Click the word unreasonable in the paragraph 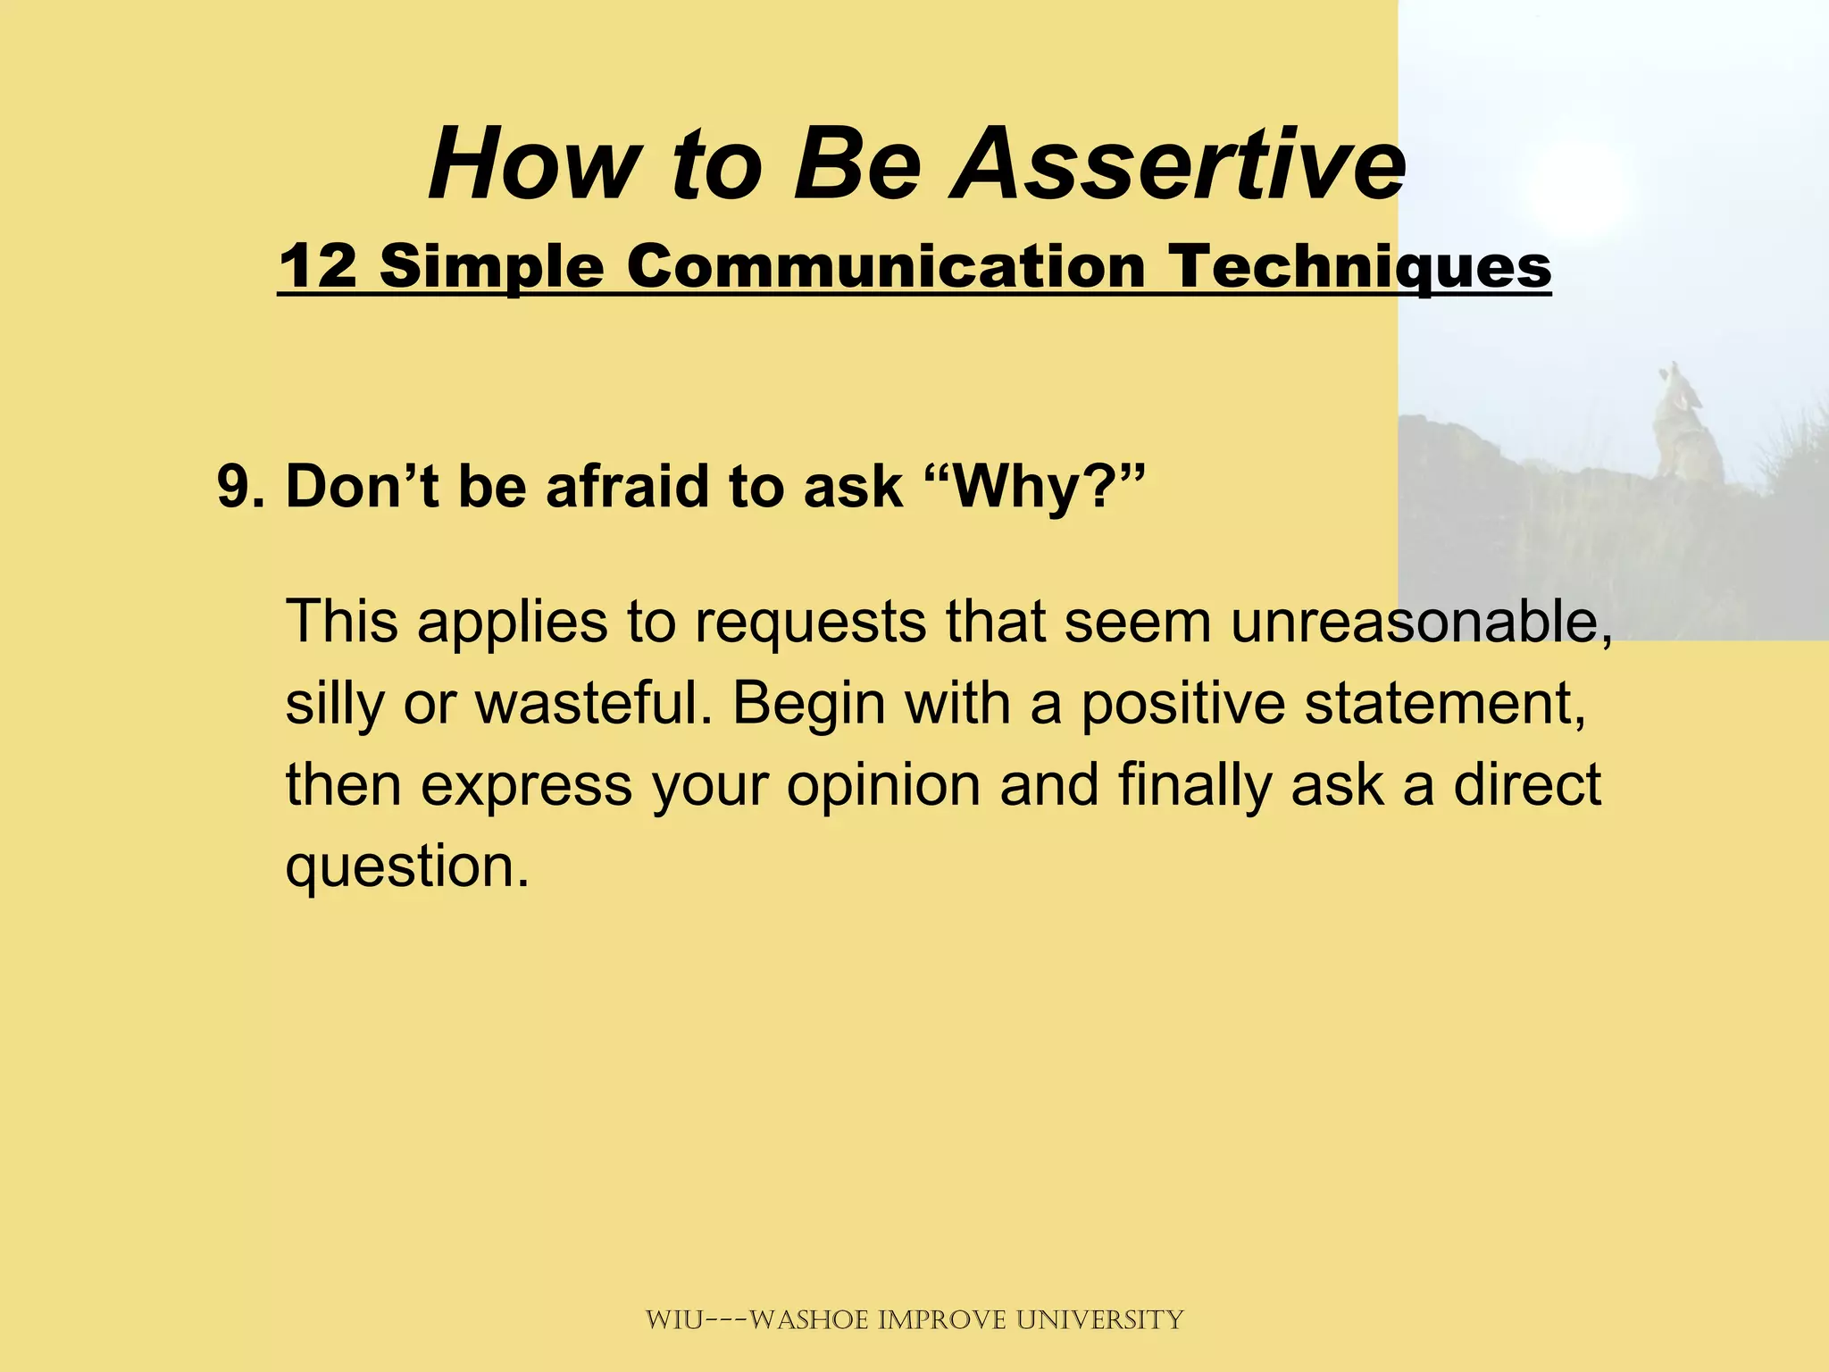1420,622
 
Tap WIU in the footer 673,1319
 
